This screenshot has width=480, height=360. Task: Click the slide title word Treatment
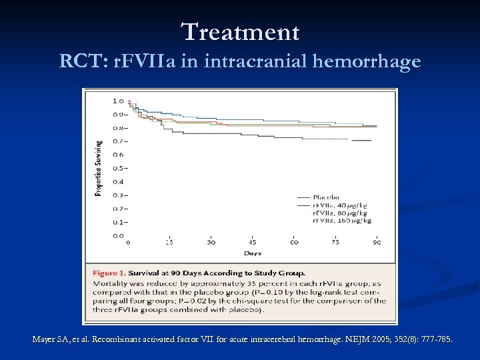(240, 31)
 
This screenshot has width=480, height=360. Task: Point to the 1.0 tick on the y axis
(117, 101)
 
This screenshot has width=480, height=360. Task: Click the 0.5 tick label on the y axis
(117, 168)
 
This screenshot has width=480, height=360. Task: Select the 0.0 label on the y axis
(117, 235)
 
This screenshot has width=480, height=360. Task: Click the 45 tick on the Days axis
(253, 243)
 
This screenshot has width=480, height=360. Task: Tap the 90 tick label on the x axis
(377, 243)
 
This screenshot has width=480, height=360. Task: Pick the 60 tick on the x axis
(294, 243)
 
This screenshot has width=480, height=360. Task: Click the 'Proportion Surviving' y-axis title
(99, 167)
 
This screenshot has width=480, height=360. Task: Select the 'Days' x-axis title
(253, 253)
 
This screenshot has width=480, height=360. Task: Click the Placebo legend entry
(326, 197)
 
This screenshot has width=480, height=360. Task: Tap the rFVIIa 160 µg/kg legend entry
(342, 220)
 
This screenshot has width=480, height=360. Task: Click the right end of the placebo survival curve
(371, 141)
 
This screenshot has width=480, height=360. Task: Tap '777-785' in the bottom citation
(435, 339)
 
